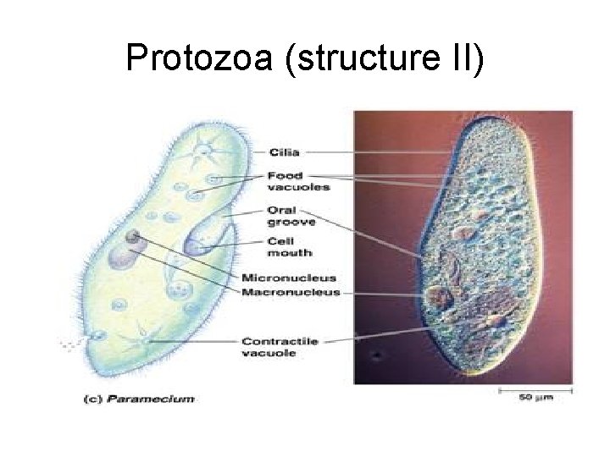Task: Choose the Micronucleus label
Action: (289, 277)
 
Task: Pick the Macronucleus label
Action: (291, 292)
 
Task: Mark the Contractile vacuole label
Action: (279, 347)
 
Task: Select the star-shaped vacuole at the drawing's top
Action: (204, 152)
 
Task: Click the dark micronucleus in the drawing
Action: (132, 236)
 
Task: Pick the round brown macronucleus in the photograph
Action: (439, 296)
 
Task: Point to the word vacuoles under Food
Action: (293, 187)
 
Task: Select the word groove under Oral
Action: (291, 222)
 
